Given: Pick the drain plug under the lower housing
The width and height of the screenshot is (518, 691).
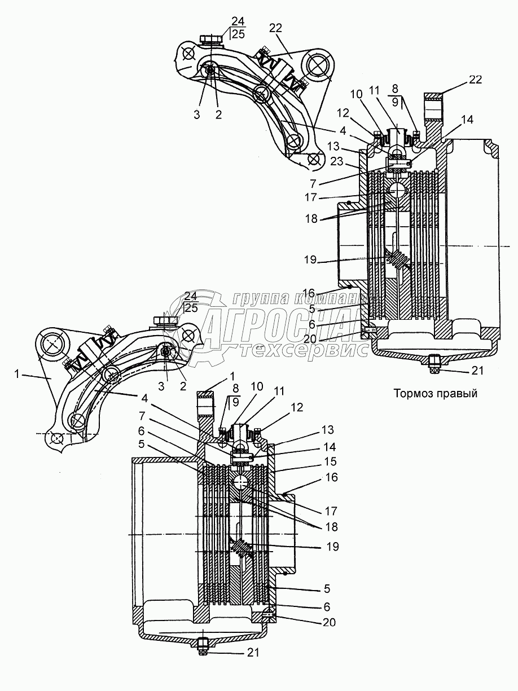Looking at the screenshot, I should [x=203, y=644].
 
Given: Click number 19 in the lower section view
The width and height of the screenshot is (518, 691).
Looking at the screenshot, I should [x=332, y=547].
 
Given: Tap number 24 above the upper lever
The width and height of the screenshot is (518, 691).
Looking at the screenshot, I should [x=239, y=21].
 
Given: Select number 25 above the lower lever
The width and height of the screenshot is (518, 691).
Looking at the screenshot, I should [x=191, y=307].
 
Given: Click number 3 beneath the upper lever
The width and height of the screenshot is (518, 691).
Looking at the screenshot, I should [x=196, y=115].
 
